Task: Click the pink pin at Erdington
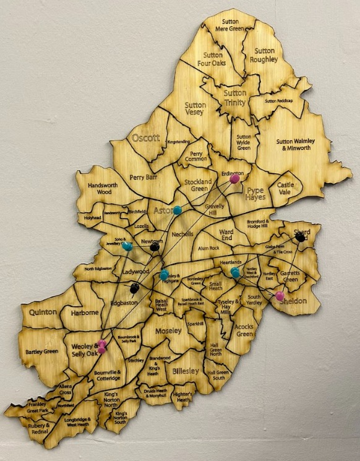pos(235,179)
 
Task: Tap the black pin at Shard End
pos(300,236)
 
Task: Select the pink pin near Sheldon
pos(280,295)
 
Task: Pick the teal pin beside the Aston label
pos(178,210)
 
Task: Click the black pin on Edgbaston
pos(134,287)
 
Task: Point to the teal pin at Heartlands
pos(235,272)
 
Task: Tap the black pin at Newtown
pos(155,247)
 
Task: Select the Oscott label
pos(145,138)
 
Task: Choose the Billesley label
pos(186,371)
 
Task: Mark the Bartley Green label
pos(41,352)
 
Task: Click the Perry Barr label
pos(145,178)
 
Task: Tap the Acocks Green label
pos(245,330)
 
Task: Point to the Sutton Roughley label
pos(264,55)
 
